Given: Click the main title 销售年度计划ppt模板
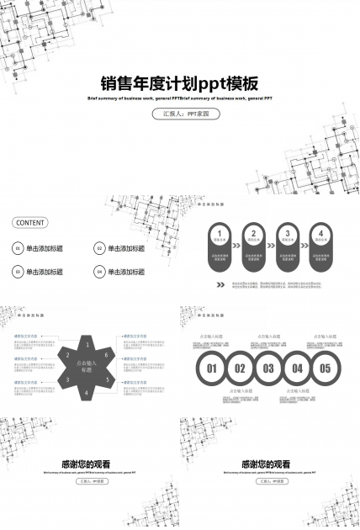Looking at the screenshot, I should (x=179, y=83).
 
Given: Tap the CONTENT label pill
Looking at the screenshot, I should (x=29, y=223).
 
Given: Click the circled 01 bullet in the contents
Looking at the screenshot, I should (x=18, y=249).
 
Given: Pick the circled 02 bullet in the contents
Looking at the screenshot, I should (x=98, y=249).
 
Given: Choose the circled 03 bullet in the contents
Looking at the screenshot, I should (x=18, y=272).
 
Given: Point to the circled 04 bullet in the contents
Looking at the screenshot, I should (x=98, y=272).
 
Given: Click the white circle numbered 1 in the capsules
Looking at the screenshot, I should (x=219, y=233).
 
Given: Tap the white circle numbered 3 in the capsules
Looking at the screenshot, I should (x=288, y=233).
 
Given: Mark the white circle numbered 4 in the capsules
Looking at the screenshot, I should (x=320, y=233).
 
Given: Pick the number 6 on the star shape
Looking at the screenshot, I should (x=107, y=355).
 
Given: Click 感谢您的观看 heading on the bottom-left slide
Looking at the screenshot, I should (x=87, y=464).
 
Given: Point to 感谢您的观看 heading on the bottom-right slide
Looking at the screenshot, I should (x=267, y=464).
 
